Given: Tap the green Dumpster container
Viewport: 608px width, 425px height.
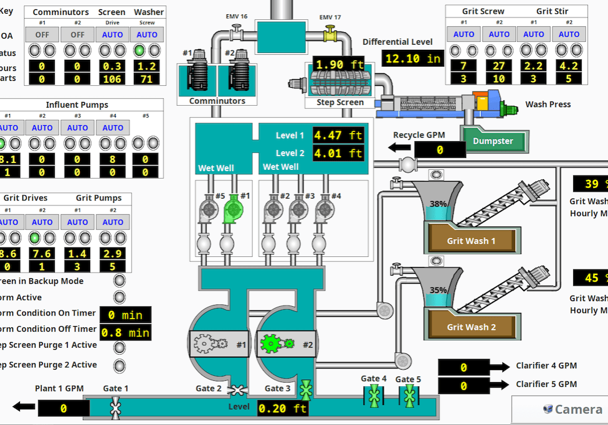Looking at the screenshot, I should point(493,141).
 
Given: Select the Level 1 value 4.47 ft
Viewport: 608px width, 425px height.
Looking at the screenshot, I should point(338,135).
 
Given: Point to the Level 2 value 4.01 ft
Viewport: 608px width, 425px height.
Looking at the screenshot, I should point(338,153).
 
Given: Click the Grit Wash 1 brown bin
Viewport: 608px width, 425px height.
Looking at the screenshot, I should point(471,240).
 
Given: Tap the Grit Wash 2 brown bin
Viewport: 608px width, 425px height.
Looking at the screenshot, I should point(471,326).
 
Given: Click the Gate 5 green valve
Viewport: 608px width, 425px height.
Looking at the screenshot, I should point(409,395).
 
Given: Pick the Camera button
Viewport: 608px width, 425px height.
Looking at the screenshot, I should point(559,409).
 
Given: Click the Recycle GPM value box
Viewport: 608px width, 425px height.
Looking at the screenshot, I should point(440,150).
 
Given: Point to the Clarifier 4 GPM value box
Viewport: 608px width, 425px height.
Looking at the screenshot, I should point(463,368).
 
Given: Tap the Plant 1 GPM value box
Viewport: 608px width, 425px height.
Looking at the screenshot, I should point(63,409).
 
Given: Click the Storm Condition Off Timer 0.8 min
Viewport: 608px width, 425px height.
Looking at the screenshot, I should point(126,332).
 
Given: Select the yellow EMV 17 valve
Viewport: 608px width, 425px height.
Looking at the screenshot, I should point(330,35).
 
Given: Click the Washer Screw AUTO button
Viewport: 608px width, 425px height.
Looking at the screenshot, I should point(148,34).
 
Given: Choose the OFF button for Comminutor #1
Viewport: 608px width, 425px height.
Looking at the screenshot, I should point(42,34).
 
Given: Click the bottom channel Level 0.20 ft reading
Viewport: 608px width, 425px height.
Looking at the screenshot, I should point(283,408).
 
